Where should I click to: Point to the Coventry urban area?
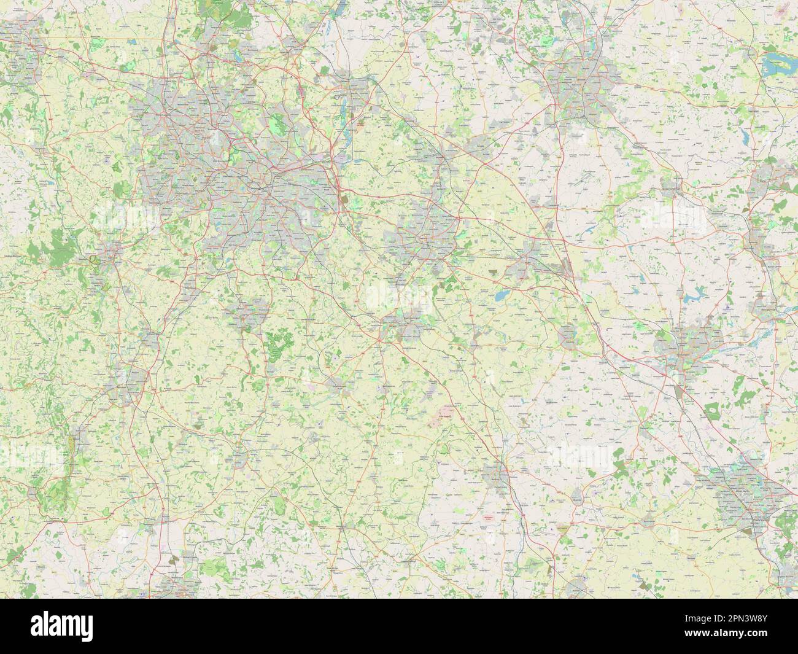[x=424, y=236]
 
